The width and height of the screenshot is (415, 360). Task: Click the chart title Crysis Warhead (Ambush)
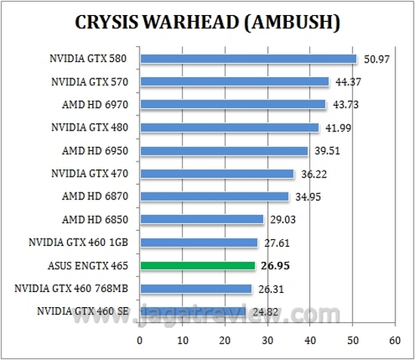click(207, 22)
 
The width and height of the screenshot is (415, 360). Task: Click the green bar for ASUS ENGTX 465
click(197, 265)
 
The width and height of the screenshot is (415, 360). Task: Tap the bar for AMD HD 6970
click(232, 104)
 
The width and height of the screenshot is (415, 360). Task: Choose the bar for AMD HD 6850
click(201, 219)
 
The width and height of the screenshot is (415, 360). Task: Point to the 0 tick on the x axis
click(140, 340)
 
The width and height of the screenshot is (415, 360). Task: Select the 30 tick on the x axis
click(266, 340)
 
